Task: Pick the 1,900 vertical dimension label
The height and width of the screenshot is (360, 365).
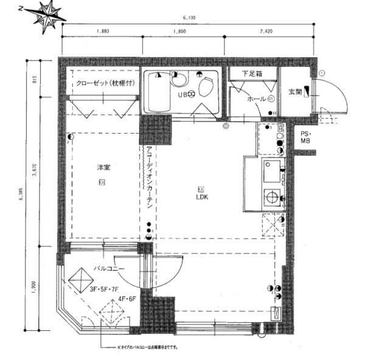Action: click(35, 285)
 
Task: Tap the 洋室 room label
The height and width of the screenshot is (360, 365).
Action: click(101, 166)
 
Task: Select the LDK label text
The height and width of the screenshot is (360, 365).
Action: click(201, 197)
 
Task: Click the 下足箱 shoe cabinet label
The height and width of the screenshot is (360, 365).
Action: click(252, 74)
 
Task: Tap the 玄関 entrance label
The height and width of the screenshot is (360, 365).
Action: click(295, 92)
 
